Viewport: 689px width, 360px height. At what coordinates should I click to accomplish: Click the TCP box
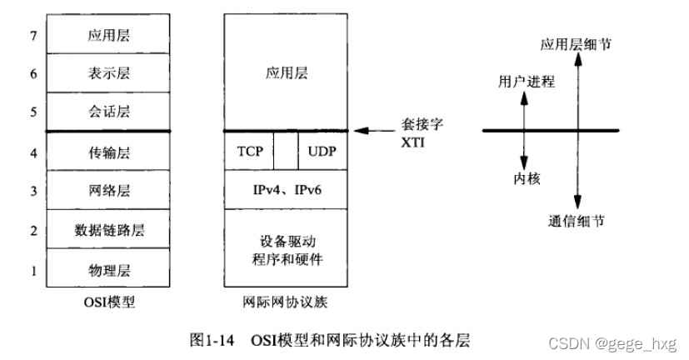[250, 152]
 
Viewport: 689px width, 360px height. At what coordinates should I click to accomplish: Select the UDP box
[322, 152]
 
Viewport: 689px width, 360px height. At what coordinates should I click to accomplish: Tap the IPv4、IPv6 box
[286, 191]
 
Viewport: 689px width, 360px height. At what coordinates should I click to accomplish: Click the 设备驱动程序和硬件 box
[286, 249]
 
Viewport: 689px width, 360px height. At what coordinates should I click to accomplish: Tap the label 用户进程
[526, 82]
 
